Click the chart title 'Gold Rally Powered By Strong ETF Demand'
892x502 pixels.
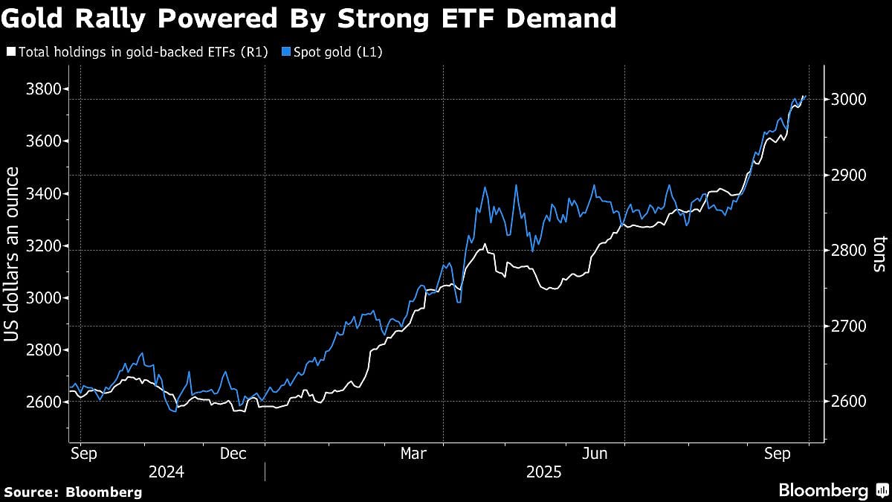coord(308,18)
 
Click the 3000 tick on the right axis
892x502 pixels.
coord(848,99)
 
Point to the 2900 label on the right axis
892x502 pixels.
coord(848,175)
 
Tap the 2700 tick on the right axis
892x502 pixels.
coord(848,326)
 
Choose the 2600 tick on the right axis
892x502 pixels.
coord(848,402)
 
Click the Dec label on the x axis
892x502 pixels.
coord(233,453)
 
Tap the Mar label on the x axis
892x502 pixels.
coord(413,453)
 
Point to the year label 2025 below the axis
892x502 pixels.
coord(544,472)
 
